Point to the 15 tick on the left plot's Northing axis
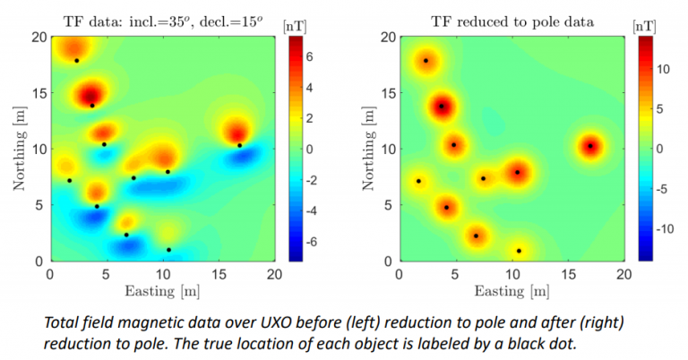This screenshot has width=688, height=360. coord(39,92)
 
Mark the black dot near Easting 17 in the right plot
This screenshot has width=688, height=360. coord(590,145)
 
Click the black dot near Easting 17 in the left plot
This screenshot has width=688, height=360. coord(239,145)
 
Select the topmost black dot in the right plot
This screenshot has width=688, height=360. coord(426,61)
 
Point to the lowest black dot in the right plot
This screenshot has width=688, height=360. coord(519,251)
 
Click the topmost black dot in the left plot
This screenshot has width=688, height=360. coord(77,61)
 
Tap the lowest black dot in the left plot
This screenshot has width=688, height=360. coord(168,250)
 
